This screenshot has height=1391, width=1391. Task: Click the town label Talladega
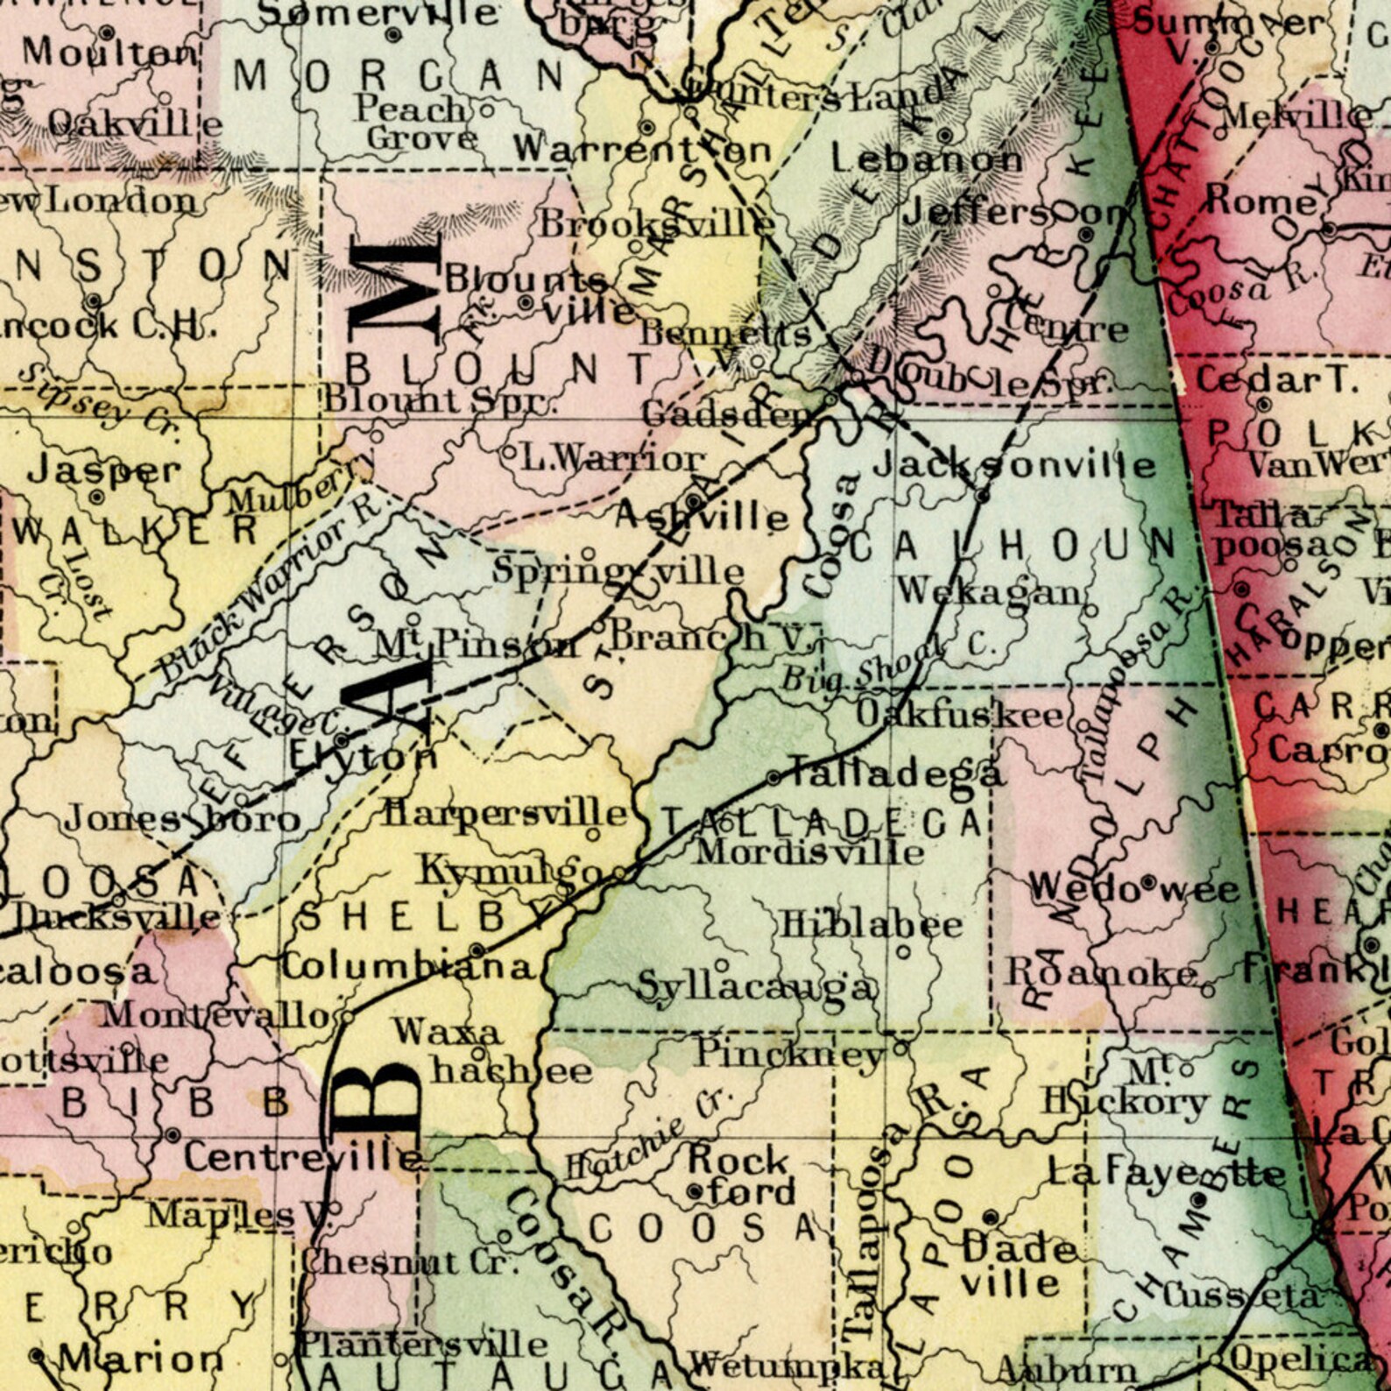pos(896,773)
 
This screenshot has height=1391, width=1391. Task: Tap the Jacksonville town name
pos(1014,464)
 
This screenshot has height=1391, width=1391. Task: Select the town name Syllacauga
pos(756,987)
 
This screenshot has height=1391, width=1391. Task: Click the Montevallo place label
pos(215,1016)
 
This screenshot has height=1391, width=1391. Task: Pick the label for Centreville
pos(302,1158)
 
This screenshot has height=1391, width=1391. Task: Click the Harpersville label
pos(506,814)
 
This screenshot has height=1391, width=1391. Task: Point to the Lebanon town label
pos(927,159)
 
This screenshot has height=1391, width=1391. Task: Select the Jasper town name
pos(103,471)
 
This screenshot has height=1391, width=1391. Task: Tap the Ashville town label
pos(701,517)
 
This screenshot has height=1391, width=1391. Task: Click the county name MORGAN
pos(399,77)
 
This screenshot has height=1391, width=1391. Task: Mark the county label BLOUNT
pos(501,366)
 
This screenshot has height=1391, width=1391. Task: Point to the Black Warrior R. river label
pos(265,592)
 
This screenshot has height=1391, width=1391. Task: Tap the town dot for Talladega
pos(773,778)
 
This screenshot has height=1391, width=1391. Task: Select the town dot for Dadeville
pos(991,1217)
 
